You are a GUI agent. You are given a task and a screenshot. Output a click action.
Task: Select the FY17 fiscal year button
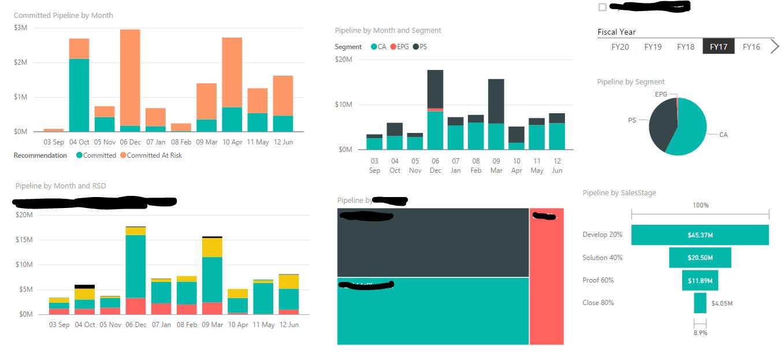pyautogui.click(x=719, y=47)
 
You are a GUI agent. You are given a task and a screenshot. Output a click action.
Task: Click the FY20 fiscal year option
pyautogui.click(x=620, y=47)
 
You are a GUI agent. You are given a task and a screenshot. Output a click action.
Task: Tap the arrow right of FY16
pyautogui.click(x=775, y=47)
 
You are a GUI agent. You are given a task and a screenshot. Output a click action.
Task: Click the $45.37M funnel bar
pyautogui.click(x=700, y=235)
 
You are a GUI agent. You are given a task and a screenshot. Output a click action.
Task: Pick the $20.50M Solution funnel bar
pyautogui.click(x=700, y=258)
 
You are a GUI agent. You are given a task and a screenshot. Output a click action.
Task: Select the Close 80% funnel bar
pyautogui.click(x=700, y=303)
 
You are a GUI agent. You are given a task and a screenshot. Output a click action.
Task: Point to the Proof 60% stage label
pyautogui.click(x=598, y=280)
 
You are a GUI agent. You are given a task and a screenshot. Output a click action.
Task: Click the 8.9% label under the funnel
pyautogui.click(x=700, y=333)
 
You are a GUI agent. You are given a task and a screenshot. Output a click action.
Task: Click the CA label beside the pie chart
pyautogui.click(x=723, y=135)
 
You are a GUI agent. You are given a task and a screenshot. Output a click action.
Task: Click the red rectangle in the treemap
pyautogui.click(x=546, y=277)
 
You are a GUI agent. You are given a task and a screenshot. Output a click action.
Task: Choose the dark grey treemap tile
pyautogui.click(x=433, y=243)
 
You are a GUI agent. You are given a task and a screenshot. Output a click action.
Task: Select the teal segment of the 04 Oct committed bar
pyautogui.click(x=79, y=95)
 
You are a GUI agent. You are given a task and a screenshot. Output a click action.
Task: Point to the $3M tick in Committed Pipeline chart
pyautogui.click(x=20, y=28)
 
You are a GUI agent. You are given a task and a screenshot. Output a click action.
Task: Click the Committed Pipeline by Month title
pyautogui.click(x=64, y=15)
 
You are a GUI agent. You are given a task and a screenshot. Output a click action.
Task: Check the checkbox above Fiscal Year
pyautogui.click(x=603, y=7)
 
